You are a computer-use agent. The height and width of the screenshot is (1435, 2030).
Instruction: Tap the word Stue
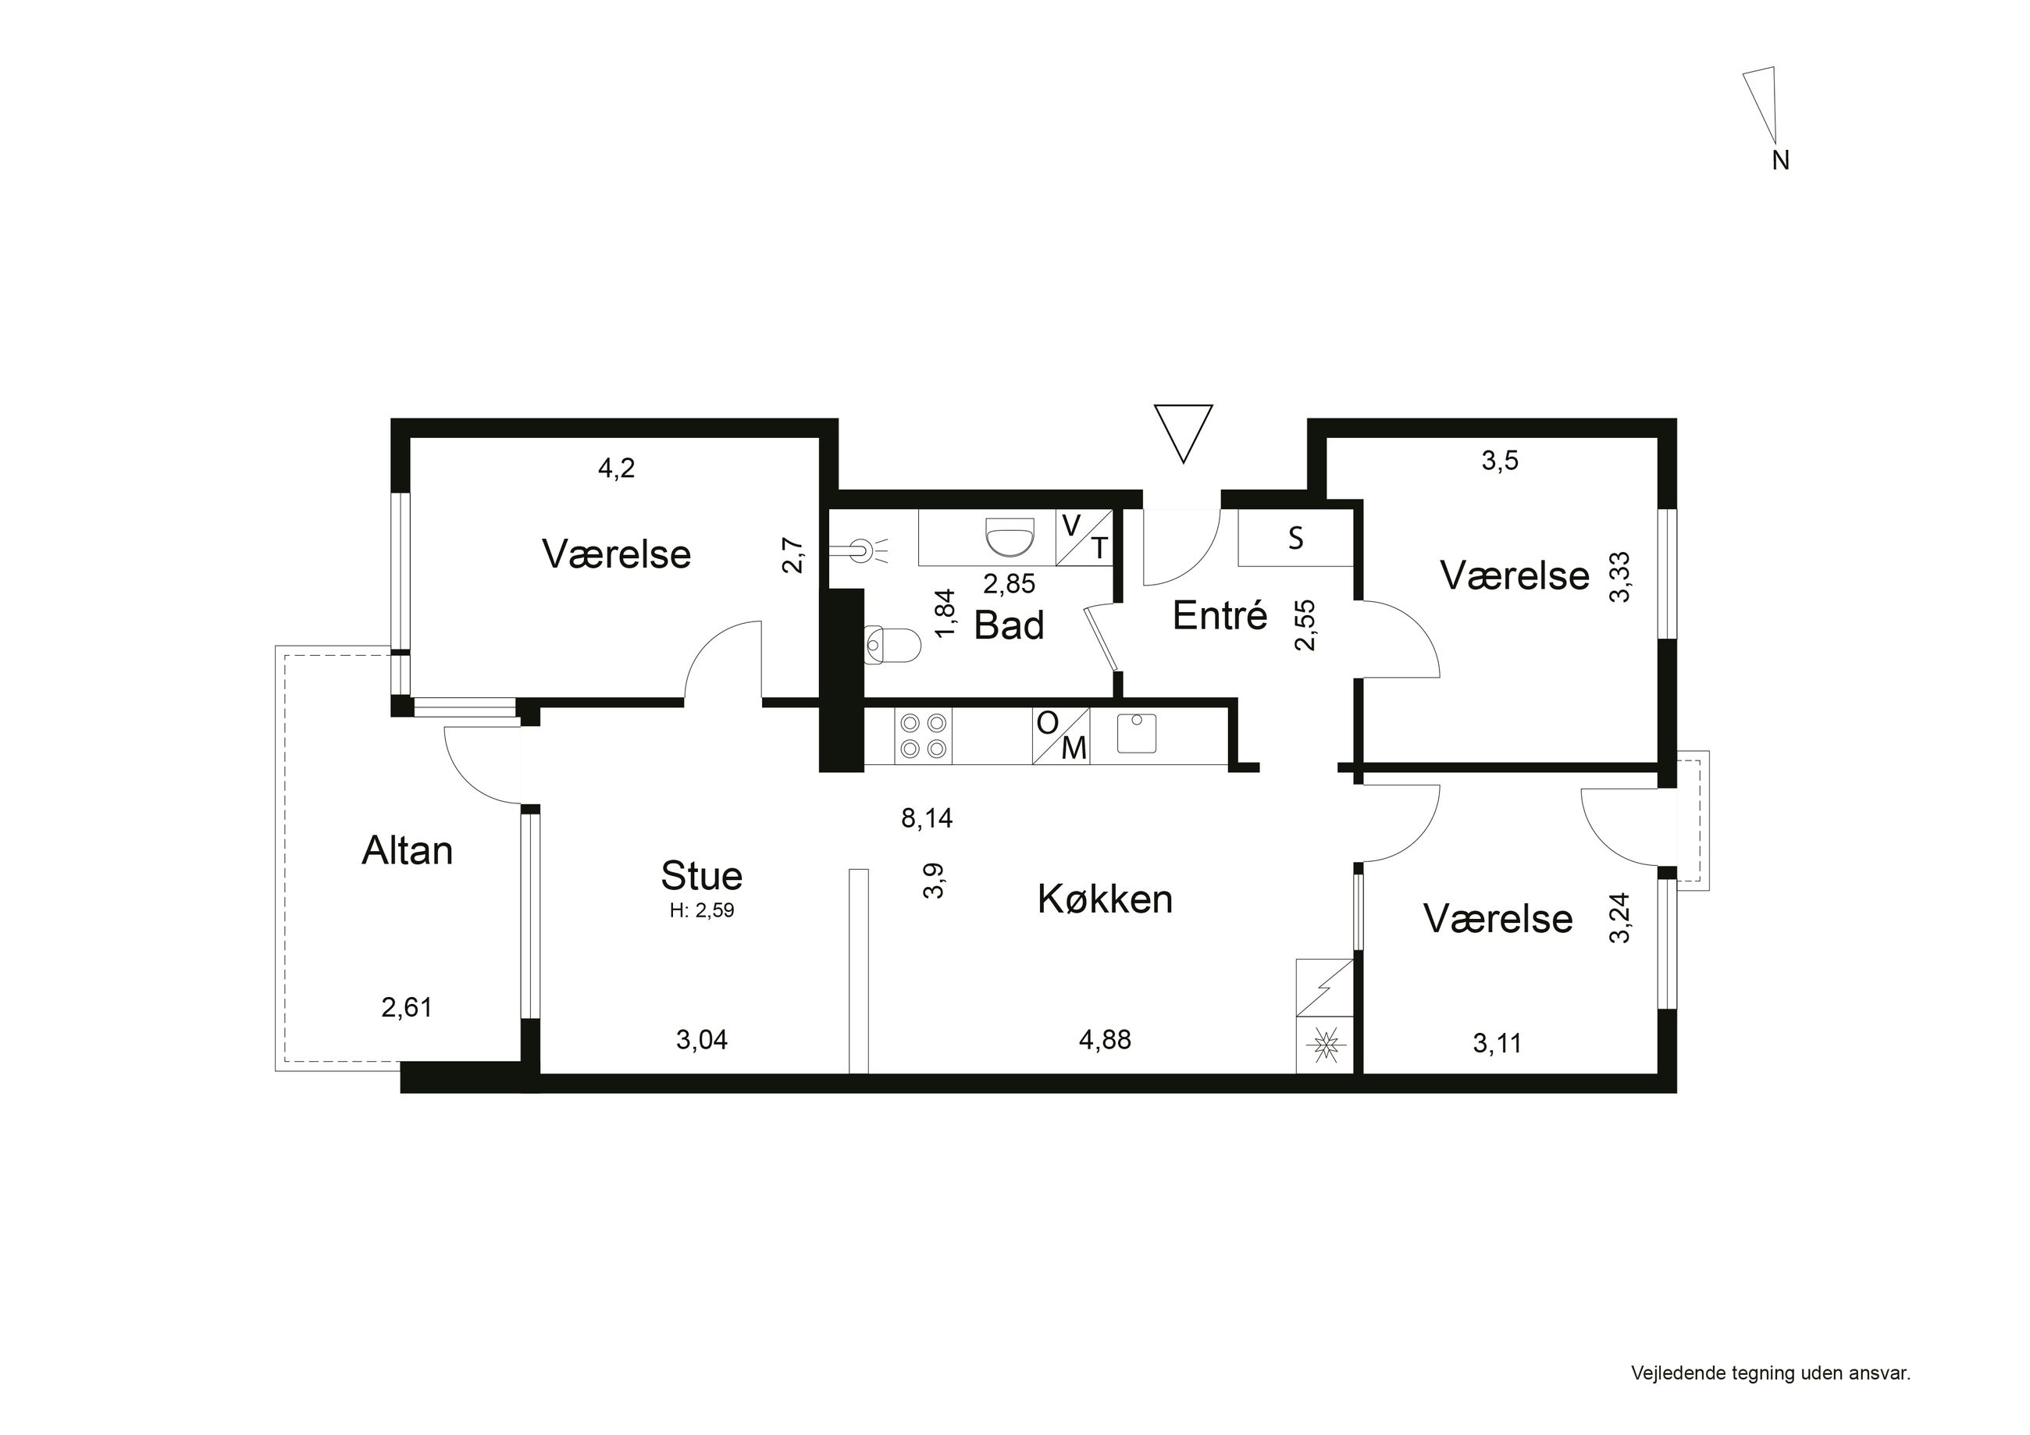pyautogui.click(x=701, y=875)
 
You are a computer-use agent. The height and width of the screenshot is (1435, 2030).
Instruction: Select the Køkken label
pyautogui.click(x=1106, y=899)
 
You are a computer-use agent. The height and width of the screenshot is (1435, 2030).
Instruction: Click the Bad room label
pyautogui.click(x=1009, y=625)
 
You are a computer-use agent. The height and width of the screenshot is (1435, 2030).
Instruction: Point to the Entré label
pyautogui.click(x=1220, y=615)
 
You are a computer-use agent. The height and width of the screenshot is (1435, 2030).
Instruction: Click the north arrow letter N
pyautogui.click(x=1781, y=161)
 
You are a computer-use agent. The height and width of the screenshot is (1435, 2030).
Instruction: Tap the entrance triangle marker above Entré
pyautogui.click(x=1183, y=433)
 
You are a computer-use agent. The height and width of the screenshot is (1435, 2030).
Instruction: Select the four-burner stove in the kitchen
pyautogui.click(x=923, y=736)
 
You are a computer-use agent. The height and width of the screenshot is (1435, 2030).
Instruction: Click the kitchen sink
pyautogui.click(x=1136, y=733)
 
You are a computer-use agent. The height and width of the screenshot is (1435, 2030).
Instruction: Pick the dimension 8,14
pyautogui.click(x=927, y=819)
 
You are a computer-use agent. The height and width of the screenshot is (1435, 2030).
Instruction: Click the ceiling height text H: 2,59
pyautogui.click(x=702, y=910)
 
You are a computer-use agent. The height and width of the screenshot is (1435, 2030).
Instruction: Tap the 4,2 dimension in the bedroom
pyautogui.click(x=616, y=468)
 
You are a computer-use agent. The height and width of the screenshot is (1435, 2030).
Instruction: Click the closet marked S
pyautogui.click(x=1295, y=538)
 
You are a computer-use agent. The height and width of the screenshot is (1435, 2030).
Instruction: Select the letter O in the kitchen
pyautogui.click(x=1047, y=723)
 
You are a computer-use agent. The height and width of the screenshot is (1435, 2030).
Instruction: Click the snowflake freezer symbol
pyautogui.click(x=1324, y=1046)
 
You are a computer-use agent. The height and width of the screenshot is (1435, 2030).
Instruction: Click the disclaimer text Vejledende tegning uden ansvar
pyautogui.click(x=1771, y=1373)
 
